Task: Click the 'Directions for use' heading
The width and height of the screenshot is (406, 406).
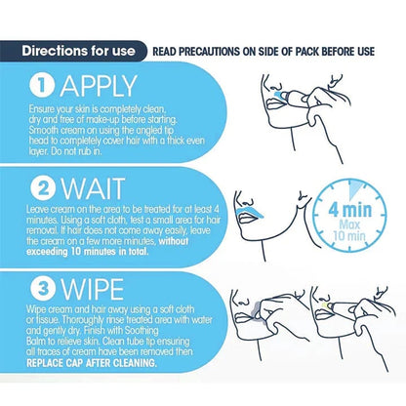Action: pos(78,51)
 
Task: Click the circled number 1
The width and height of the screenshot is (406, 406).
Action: pos(42,86)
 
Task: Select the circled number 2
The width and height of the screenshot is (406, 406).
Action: pos(43,188)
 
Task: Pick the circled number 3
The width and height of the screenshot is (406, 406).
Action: pos(43,289)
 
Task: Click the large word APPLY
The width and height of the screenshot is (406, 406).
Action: pos(99,87)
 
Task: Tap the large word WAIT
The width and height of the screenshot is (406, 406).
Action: pos(93,188)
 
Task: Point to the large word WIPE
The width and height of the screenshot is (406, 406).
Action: pos(93,289)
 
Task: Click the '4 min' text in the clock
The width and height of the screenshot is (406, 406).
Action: pos(349,210)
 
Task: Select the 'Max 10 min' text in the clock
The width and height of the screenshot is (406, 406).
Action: pos(349,230)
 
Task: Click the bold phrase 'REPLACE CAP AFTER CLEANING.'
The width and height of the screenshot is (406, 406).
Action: pos(92,363)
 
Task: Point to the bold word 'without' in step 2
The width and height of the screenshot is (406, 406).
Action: pos(174,241)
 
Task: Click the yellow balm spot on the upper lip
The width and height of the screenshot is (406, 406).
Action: pos(325,305)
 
